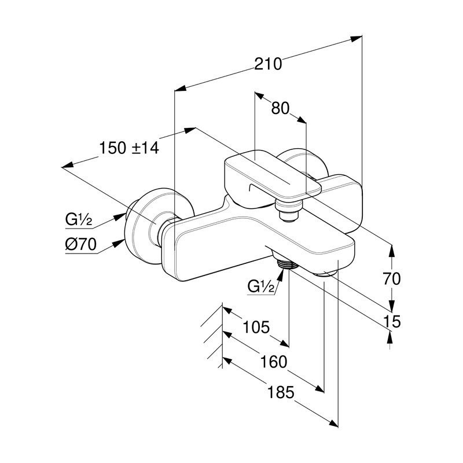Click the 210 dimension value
pyautogui.click(x=268, y=64)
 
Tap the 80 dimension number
pyautogui.click(x=280, y=108)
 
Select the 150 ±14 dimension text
pyautogui.click(x=128, y=148)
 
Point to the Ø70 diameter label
pyautogui.click(x=80, y=244)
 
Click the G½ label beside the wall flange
pyautogui.click(x=79, y=220)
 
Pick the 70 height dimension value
pyautogui.click(x=391, y=278)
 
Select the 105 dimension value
pyautogui.click(x=256, y=328)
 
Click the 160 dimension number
pyautogui.click(x=274, y=362)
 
